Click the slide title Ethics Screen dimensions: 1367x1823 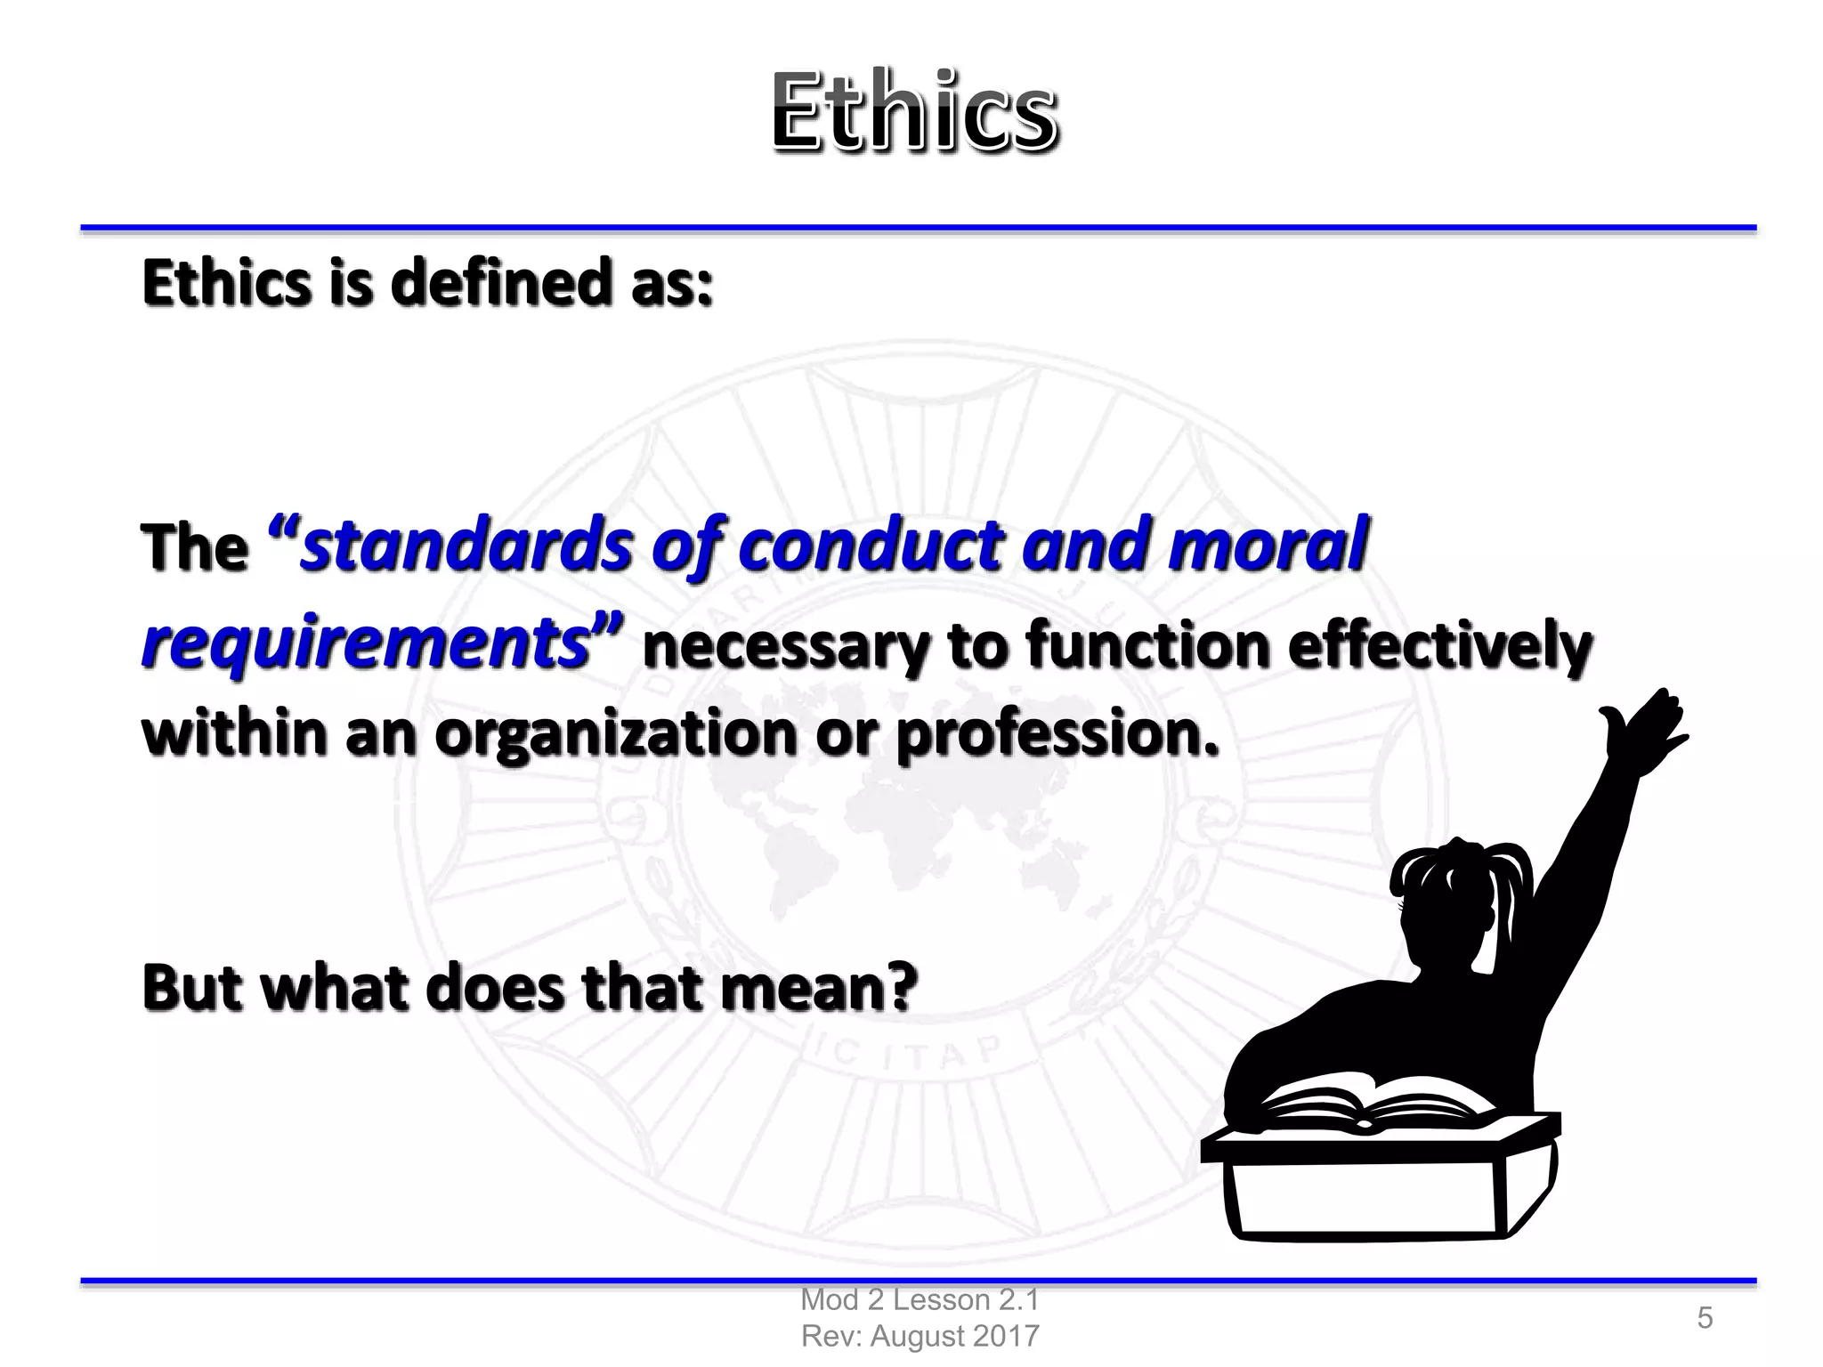click(x=914, y=112)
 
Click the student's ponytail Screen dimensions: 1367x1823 click(x=1504, y=899)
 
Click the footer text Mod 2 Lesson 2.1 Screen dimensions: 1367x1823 click(x=920, y=1300)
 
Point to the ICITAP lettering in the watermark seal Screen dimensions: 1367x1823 click(x=917, y=1056)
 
